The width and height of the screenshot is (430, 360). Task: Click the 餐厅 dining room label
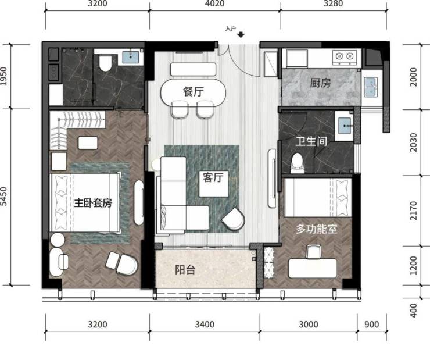click(x=193, y=91)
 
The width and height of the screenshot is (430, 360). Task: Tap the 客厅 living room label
click(x=213, y=177)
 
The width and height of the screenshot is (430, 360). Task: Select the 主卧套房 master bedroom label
click(x=93, y=203)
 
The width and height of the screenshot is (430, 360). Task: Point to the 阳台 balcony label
click(x=185, y=270)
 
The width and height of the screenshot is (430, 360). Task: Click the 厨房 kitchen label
click(x=320, y=83)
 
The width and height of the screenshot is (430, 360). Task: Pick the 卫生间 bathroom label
click(x=311, y=141)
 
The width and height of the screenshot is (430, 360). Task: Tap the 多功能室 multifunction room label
click(x=317, y=229)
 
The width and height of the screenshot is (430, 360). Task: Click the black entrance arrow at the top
click(x=241, y=35)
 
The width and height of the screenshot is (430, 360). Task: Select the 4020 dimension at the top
click(x=214, y=3)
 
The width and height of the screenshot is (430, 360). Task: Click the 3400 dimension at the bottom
click(x=205, y=325)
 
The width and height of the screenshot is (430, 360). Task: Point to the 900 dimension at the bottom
click(x=371, y=325)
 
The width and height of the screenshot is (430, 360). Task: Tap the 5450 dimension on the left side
click(x=3, y=196)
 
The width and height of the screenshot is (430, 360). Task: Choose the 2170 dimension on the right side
click(x=414, y=211)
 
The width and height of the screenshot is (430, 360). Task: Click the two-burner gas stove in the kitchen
click(x=345, y=57)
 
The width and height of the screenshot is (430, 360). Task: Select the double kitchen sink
click(x=371, y=87)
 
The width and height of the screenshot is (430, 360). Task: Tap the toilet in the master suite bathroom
click(x=105, y=63)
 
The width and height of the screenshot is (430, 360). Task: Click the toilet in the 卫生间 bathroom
click(x=298, y=163)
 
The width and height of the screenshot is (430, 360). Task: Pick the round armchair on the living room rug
click(x=234, y=219)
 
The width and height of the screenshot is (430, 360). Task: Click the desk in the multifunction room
click(x=313, y=268)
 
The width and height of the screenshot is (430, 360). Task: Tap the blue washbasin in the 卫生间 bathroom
click(x=345, y=126)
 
